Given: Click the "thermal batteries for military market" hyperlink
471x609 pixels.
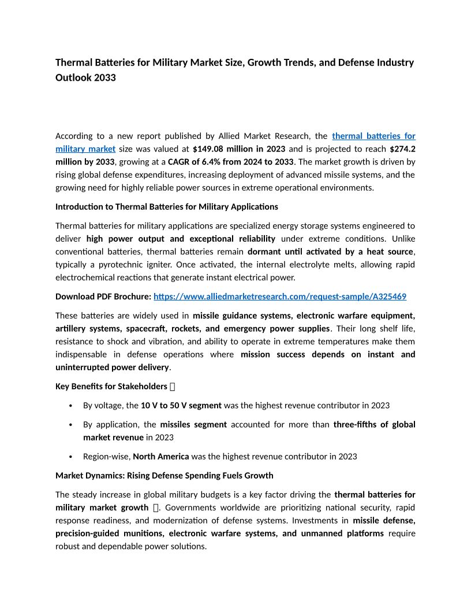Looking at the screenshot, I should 373,136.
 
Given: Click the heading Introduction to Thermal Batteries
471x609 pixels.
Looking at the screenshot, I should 166,206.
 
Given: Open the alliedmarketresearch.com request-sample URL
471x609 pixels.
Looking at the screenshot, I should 280,296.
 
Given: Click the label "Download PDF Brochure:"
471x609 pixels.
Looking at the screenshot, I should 103,296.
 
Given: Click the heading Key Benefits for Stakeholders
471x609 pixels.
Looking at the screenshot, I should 111,386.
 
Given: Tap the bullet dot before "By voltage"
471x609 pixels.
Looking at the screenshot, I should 70,405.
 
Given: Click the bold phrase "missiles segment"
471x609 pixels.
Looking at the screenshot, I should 193,424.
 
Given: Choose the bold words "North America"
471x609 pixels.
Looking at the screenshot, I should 160,456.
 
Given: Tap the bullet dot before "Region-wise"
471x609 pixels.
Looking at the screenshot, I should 70,456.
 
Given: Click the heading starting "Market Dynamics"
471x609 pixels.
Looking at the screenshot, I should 164,475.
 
